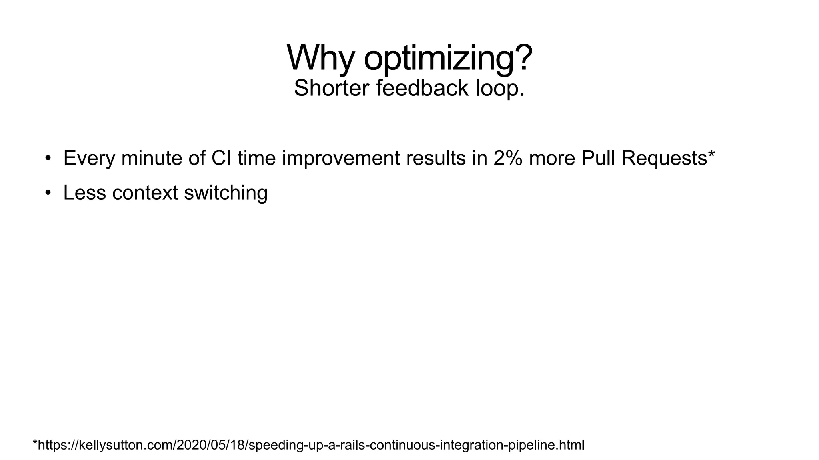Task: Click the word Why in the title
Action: (x=320, y=58)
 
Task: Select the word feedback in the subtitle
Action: (x=422, y=88)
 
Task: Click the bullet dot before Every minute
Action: (x=48, y=158)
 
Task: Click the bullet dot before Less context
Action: (x=48, y=193)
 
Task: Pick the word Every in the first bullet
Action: (x=89, y=158)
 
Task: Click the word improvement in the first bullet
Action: (x=341, y=158)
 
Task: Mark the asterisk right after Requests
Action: (x=711, y=153)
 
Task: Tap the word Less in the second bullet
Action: (x=84, y=193)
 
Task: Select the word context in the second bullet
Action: (x=145, y=193)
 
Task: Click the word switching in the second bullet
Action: (x=226, y=193)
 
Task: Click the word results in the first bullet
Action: (x=435, y=158)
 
